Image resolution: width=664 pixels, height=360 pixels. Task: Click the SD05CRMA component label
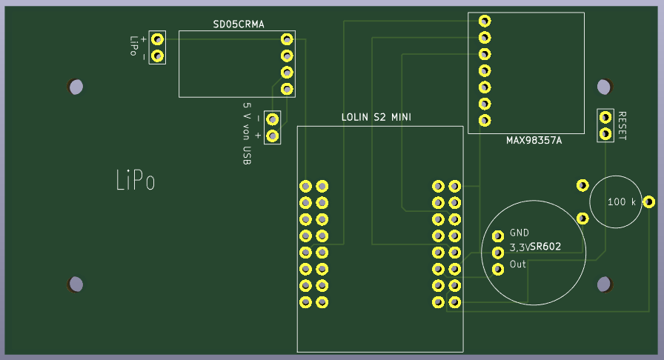coord(239,24)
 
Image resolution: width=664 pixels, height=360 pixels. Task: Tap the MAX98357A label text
coord(534,140)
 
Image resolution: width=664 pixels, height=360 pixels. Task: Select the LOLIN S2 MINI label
coord(376,117)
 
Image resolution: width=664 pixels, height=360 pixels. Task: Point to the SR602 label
coord(545,247)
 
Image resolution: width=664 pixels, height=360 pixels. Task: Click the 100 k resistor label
coord(622,201)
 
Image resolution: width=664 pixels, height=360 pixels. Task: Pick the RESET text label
coord(622,126)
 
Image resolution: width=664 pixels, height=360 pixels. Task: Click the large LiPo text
coord(136,180)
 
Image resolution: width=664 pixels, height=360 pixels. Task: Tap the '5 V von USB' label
coord(247,133)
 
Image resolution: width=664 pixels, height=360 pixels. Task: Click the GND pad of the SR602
coord(498,236)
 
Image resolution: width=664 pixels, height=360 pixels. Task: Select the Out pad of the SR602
coord(498,269)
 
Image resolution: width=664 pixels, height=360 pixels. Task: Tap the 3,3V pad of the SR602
coord(498,253)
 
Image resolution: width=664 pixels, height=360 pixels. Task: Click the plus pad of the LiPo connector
coord(158,39)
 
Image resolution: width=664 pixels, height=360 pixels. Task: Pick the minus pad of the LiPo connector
coord(158,56)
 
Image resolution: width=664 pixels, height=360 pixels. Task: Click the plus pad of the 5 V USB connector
coord(272,136)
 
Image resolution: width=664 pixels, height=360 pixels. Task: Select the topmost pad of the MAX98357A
coord(485,21)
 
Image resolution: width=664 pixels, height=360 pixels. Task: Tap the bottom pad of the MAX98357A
coord(485,120)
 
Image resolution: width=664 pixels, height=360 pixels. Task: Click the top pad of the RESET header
coord(605,117)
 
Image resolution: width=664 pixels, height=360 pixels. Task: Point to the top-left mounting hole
coord(76,87)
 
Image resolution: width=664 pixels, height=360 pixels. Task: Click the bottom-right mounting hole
coord(604,284)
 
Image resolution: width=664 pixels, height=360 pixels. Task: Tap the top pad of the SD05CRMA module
coord(287,39)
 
